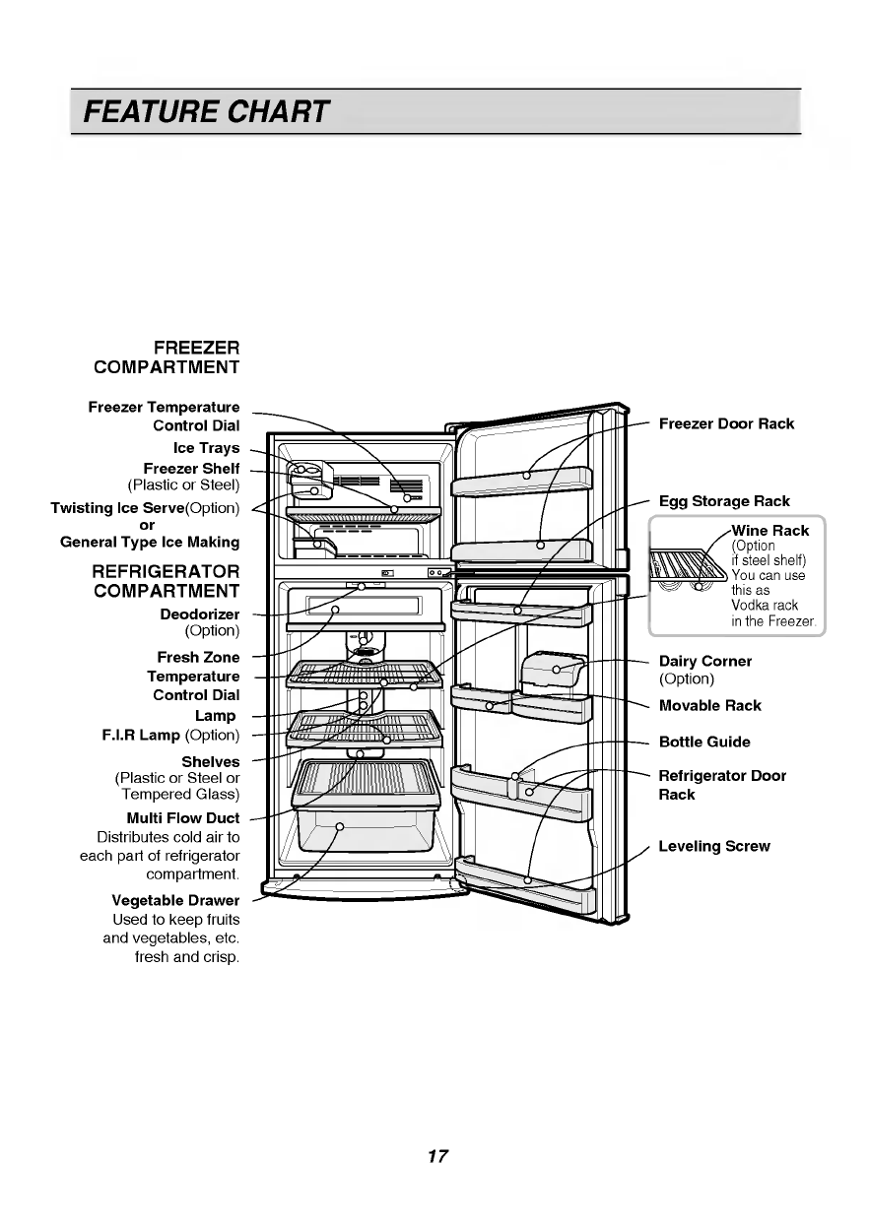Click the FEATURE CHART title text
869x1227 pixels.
click(206, 111)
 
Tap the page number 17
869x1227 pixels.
click(437, 1156)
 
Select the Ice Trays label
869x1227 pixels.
click(207, 448)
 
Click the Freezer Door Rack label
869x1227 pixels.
click(726, 423)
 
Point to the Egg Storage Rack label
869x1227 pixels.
click(724, 501)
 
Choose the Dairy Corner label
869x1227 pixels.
click(704, 661)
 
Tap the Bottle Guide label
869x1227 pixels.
click(704, 742)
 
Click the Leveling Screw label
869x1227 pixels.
click(714, 846)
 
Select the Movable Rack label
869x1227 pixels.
click(709, 705)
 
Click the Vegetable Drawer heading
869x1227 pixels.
click(175, 900)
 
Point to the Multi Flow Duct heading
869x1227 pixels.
click(183, 817)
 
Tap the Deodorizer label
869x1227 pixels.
click(199, 614)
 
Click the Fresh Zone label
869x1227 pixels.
click(198, 657)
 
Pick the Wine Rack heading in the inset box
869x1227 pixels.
click(769, 530)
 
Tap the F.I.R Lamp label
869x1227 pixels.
click(170, 735)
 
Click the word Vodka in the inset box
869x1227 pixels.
click(749, 606)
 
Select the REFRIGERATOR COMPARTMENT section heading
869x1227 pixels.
click(167, 581)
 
